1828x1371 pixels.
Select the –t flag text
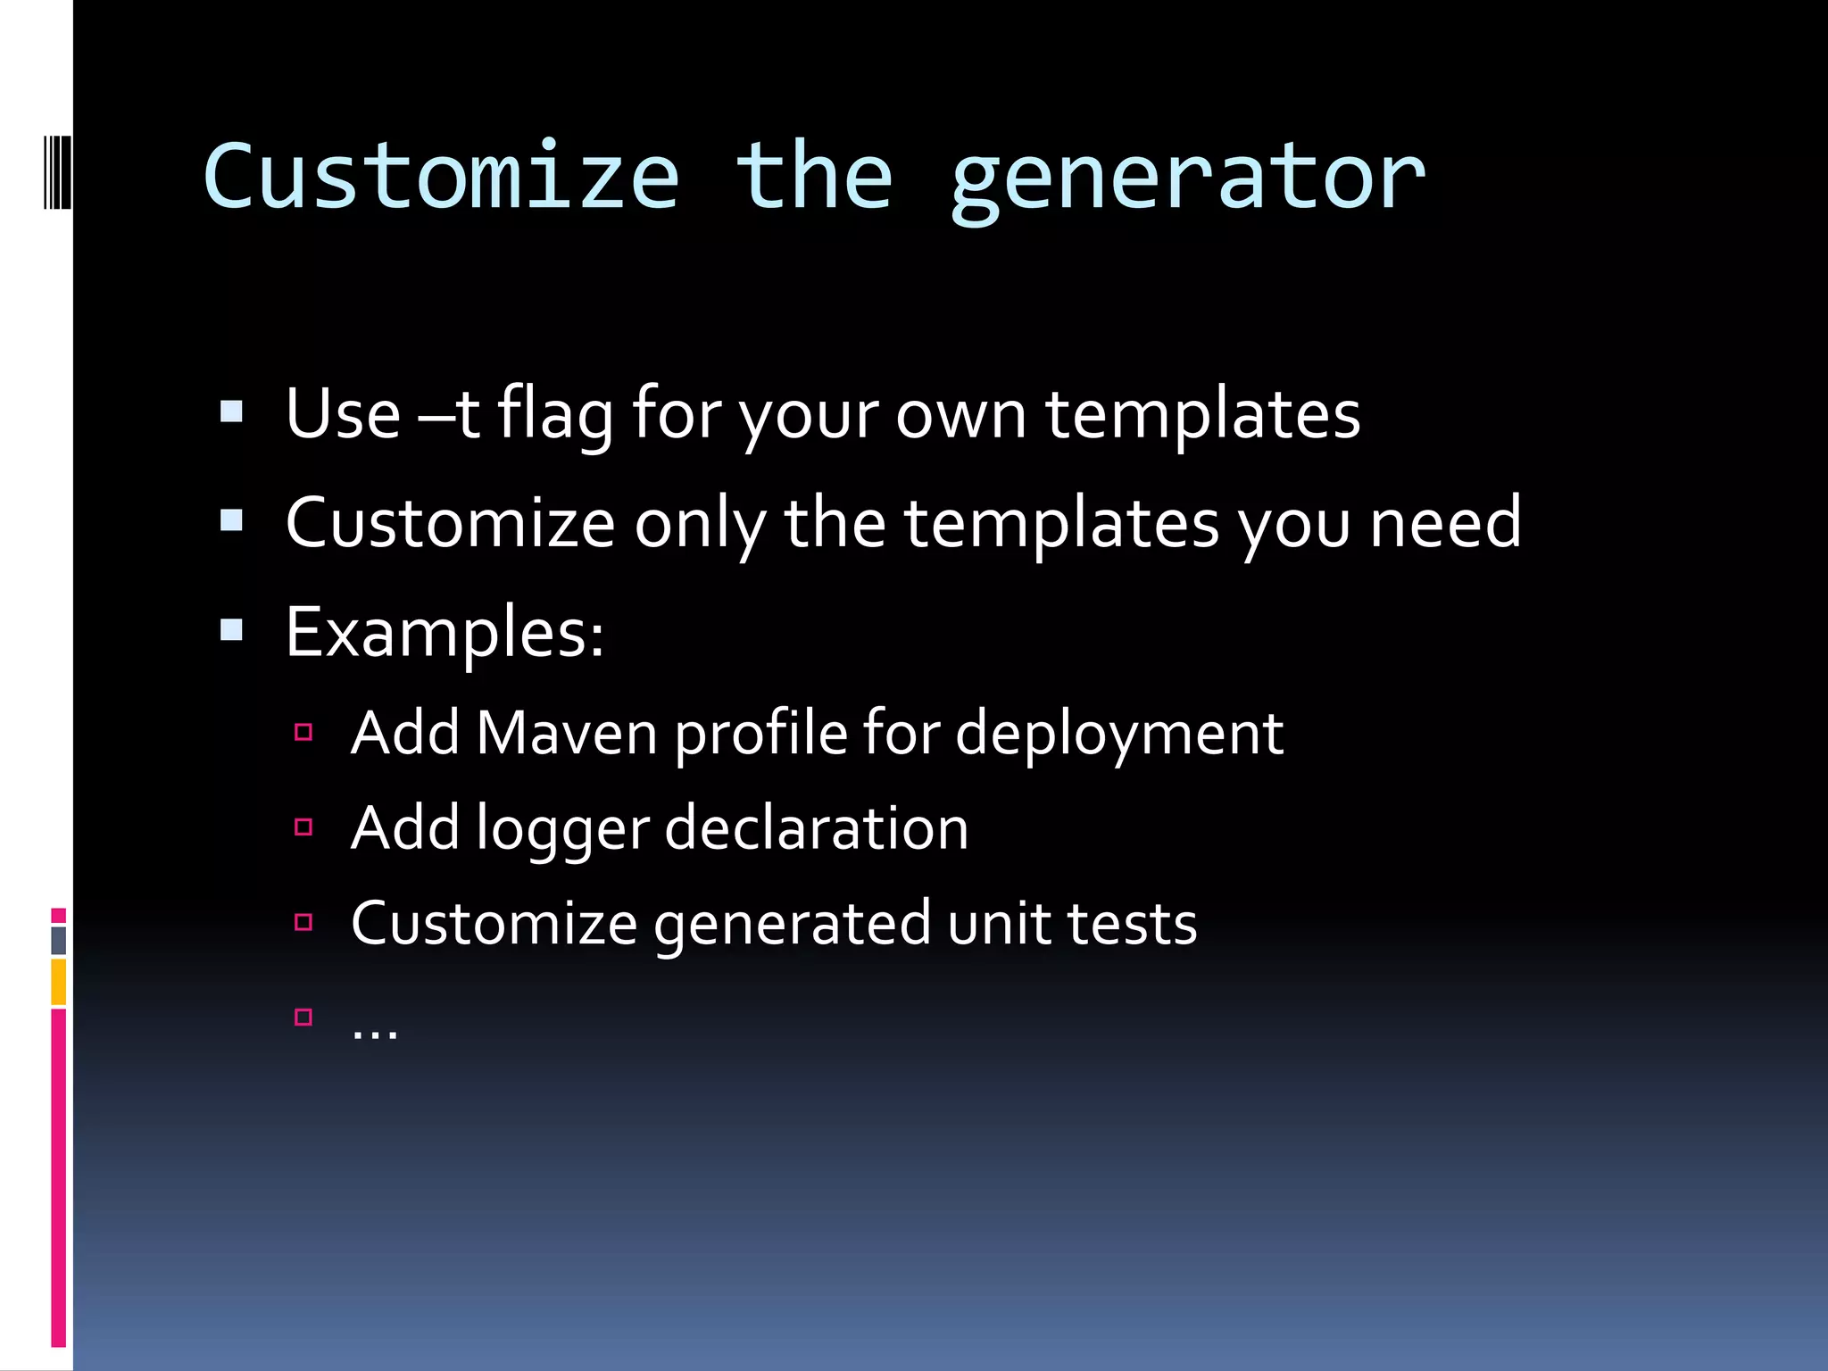[x=450, y=414]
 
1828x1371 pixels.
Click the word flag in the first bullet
[x=555, y=414]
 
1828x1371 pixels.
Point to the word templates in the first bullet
[x=1202, y=416]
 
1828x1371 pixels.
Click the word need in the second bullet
[x=1445, y=523]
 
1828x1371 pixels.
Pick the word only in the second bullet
[x=700, y=525]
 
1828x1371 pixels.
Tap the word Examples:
[x=445, y=634]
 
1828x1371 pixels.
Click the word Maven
[x=567, y=734]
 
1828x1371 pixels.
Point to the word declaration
[x=816, y=828]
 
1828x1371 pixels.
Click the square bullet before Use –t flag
[x=231, y=411]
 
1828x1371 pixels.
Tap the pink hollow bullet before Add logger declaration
[x=303, y=827]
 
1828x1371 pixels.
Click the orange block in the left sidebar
[x=59, y=982]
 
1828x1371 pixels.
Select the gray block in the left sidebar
[x=59, y=940]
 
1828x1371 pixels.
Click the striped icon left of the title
[x=58, y=171]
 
